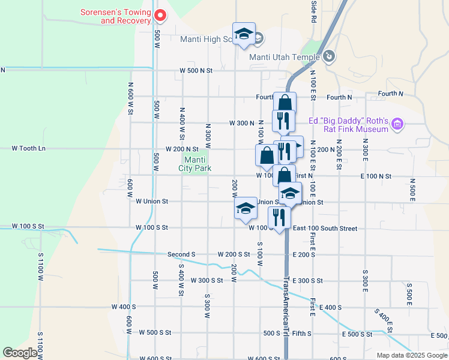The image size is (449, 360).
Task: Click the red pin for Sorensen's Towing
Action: pos(160,15)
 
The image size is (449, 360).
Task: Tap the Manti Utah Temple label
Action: pos(284,57)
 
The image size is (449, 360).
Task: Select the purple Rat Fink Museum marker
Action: pos(396,125)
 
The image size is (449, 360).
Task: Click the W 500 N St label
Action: pos(196,71)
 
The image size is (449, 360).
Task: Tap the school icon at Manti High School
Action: pos(244,34)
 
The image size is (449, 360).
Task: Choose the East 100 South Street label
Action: pos(325,229)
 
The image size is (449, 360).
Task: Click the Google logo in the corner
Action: pos(20,353)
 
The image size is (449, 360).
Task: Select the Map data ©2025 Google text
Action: pos(412,355)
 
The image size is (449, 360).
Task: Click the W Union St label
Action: pos(152,202)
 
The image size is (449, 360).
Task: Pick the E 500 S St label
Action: pos(357,334)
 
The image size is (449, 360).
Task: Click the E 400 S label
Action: pos(331,307)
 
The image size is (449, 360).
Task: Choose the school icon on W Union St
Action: pos(246,208)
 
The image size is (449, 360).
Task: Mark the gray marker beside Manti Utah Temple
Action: pos(328,57)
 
